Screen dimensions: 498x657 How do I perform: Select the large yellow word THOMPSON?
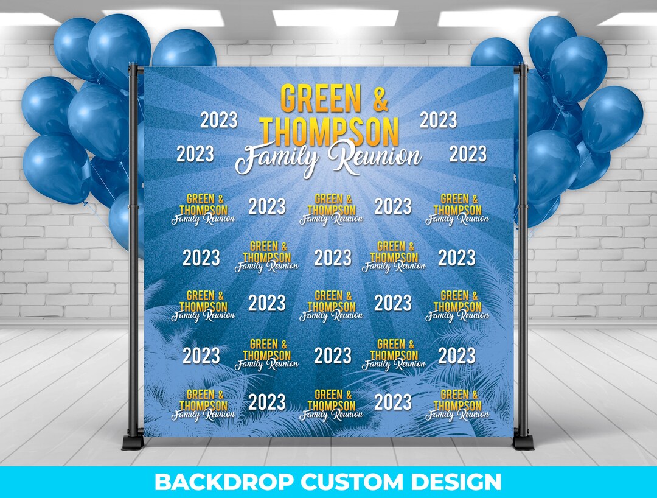(329, 130)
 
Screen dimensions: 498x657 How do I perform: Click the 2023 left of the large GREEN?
(219, 120)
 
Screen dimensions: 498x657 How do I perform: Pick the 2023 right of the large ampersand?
(438, 120)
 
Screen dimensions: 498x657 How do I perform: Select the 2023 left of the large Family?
(195, 153)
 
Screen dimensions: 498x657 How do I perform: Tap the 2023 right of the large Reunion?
(468, 153)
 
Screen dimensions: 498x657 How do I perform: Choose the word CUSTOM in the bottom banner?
(356, 482)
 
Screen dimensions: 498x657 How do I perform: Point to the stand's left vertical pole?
(133, 244)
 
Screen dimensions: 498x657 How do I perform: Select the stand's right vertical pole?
(522, 244)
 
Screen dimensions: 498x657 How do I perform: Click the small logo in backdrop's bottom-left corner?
(203, 405)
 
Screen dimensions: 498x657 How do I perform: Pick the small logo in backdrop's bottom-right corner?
(456, 405)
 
